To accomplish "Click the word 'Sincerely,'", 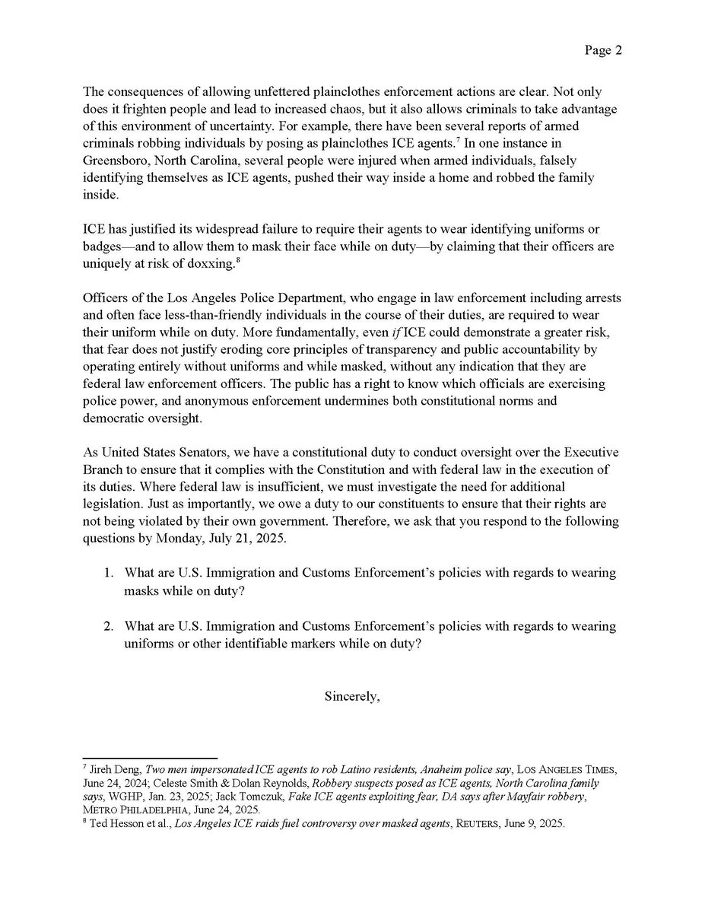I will pos(352,695).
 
